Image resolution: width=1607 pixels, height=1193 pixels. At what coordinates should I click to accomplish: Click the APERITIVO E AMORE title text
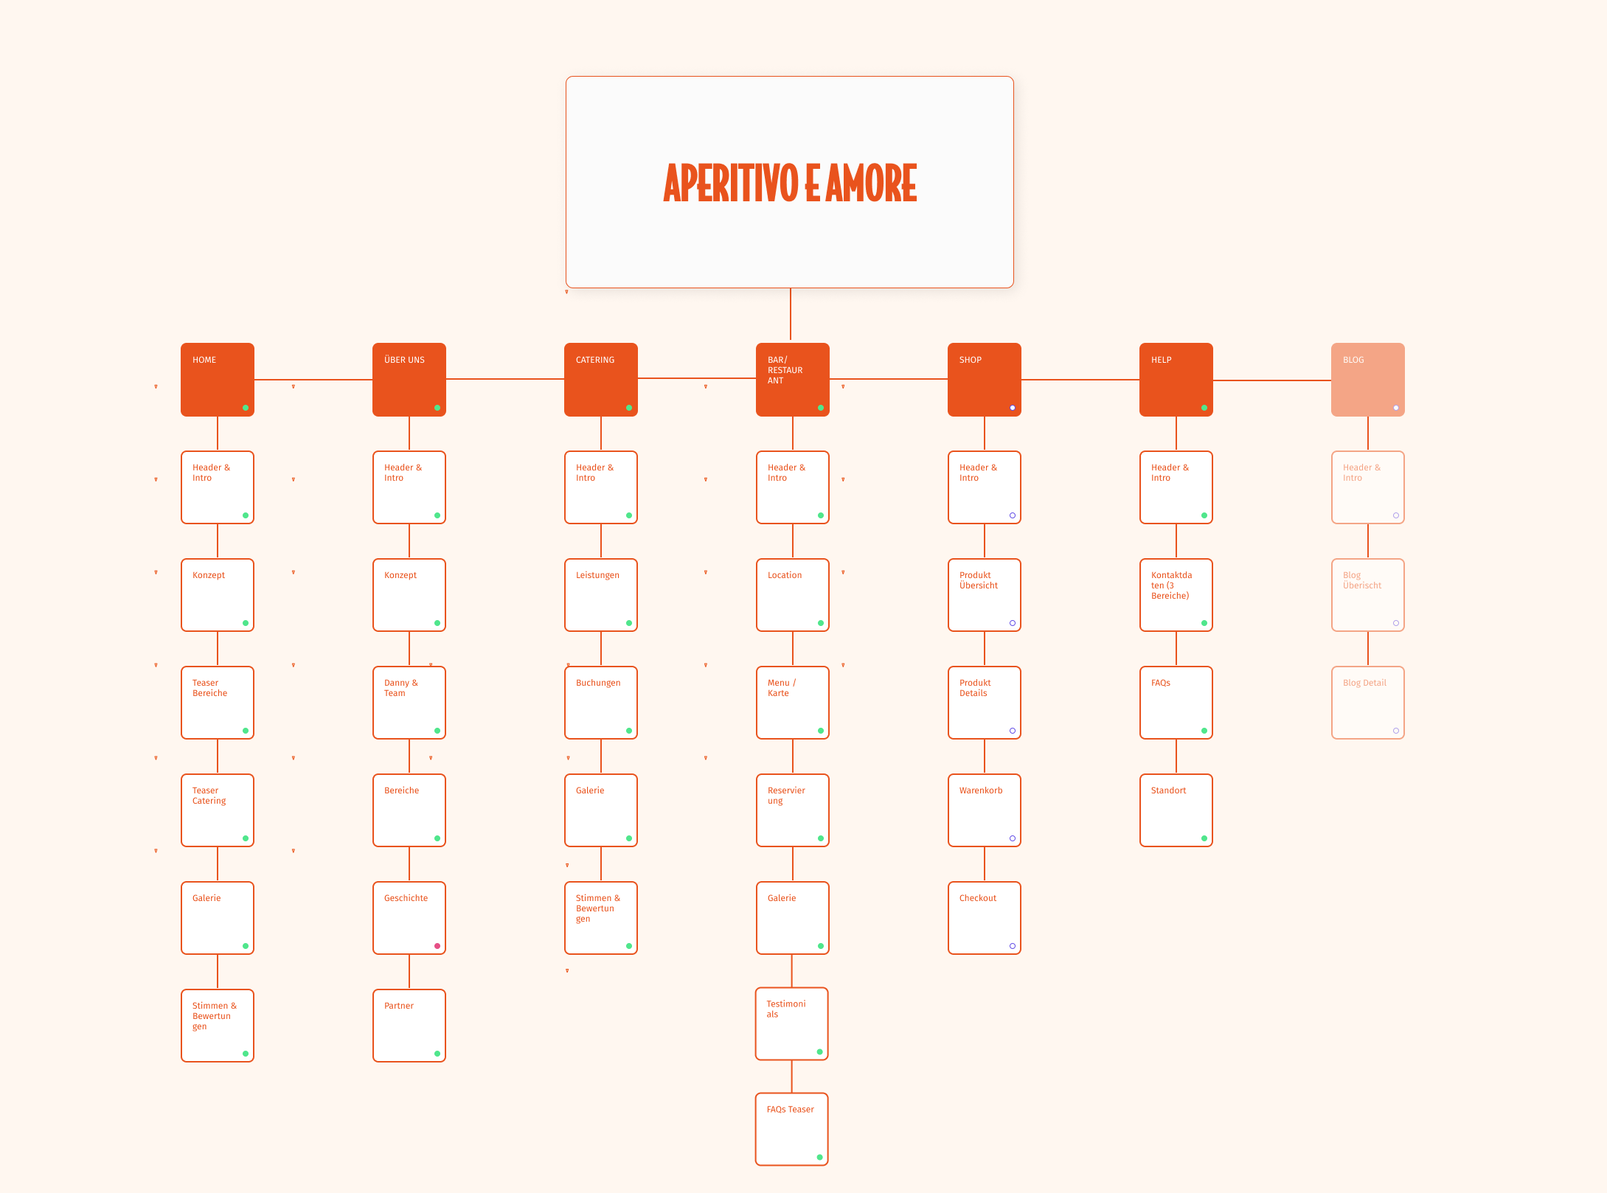tap(790, 183)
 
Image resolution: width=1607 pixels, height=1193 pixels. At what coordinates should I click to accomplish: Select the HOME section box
tap(218, 380)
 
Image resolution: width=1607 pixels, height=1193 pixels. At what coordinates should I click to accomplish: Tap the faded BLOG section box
tap(1368, 380)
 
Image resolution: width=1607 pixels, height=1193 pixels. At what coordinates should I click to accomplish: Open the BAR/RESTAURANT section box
tap(793, 380)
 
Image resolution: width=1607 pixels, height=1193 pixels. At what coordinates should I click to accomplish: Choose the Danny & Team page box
tap(409, 703)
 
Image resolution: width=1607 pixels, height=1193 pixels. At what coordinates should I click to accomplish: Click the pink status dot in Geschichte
tap(437, 946)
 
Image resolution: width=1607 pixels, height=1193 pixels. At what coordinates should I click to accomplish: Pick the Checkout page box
tap(985, 918)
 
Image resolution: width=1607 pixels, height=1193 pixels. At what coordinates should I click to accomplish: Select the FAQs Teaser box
tap(792, 1129)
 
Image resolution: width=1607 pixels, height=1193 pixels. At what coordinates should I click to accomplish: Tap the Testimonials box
tap(792, 1023)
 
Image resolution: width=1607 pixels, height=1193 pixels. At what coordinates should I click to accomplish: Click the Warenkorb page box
tap(985, 810)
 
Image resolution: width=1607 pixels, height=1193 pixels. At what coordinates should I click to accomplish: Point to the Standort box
tap(1176, 810)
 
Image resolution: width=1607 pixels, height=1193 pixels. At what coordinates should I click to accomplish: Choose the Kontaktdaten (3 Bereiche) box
tap(1176, 595)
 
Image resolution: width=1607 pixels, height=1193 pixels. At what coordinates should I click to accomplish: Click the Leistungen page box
tap(601, 595)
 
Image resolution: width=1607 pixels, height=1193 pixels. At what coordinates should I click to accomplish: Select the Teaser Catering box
tap(218, 810)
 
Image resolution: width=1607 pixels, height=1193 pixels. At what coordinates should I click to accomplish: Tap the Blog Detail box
tap(1368, 703)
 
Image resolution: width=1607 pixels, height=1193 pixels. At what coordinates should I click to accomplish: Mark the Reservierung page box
tap(793, 810)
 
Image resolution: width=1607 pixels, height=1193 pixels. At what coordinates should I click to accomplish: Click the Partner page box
tap(409, 1026)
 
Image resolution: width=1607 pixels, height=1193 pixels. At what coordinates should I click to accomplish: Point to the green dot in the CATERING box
tap(629, 408)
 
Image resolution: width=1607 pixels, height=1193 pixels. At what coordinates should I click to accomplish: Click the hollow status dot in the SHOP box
tap(1013, 408)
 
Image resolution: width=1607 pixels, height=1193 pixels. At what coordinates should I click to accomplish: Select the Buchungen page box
tap(601, 703)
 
